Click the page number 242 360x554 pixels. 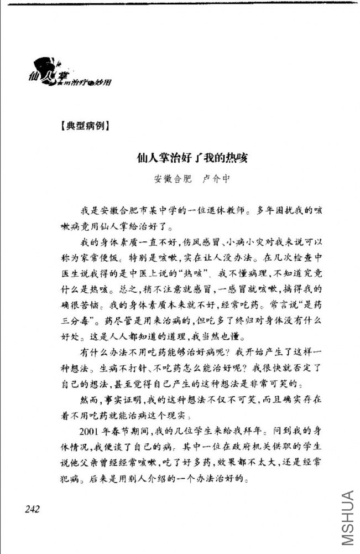pos(34,509)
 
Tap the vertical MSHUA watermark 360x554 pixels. pos(347,517)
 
